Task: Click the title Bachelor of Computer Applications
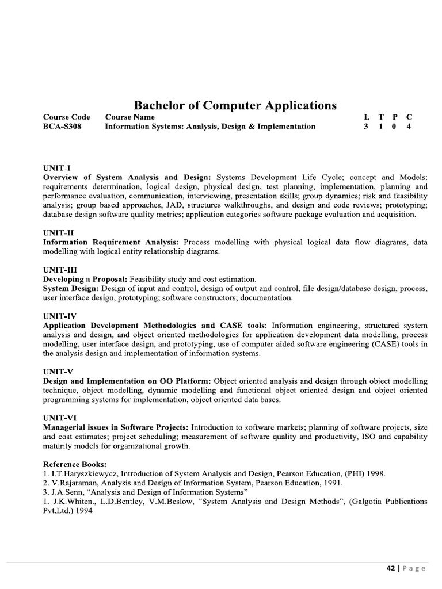click(235, 105)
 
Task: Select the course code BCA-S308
click(62, 127)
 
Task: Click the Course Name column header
click(129, 117)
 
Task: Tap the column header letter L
click(366, 117)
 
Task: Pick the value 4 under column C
click(409, 127)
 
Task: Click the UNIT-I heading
click(56, 168)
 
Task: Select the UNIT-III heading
click(60, 270)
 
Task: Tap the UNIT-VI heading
click(59, 418)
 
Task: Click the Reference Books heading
click(74, 464)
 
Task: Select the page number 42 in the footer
click(390, 568)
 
